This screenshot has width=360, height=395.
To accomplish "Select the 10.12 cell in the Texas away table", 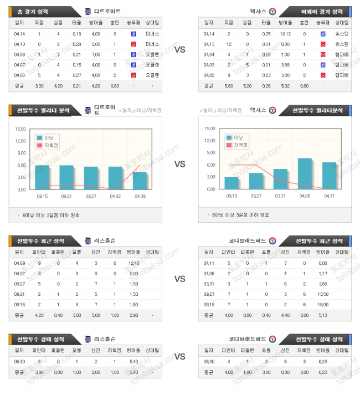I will click(x=285, y=34).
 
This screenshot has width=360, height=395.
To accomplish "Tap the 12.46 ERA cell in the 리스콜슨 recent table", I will click(x=133, y=263).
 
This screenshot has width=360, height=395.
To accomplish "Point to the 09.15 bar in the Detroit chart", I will click(x=42, y=177).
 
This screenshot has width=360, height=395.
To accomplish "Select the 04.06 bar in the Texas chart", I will click(x=305, y=174).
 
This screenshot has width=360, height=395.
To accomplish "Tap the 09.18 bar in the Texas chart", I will click(x=232, y=183).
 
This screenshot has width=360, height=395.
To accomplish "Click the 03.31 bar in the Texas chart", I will click(x=280, y=179).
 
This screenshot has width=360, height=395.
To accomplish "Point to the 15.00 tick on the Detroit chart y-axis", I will click(x=20, y=129).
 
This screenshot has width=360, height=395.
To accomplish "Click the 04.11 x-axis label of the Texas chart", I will click(x=329, y=196).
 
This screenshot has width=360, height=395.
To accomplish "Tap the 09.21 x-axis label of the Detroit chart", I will click(x=66, y=196).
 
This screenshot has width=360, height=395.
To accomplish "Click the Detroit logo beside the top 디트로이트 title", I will click(x=88, y=11).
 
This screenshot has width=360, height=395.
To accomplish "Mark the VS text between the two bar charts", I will click(x=179, y=164).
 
